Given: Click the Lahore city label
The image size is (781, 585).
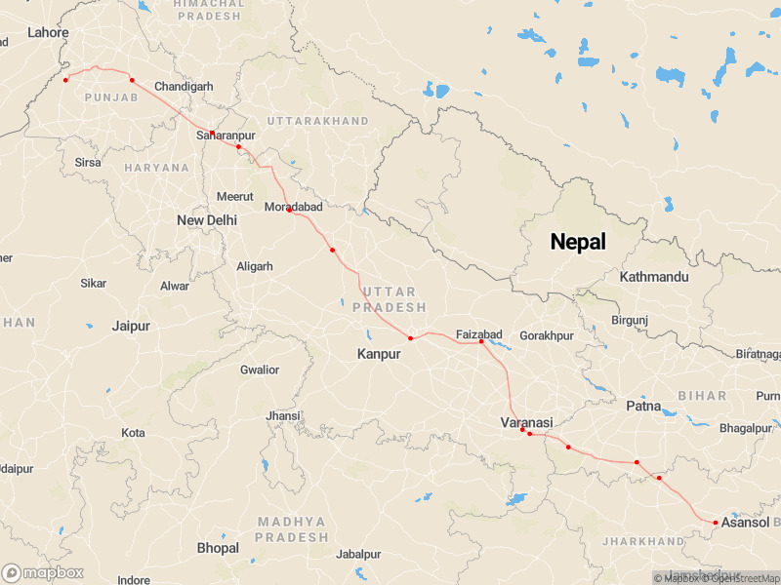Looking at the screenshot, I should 48,32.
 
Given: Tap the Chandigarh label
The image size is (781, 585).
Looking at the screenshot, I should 184,87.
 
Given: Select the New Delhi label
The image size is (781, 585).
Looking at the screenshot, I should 207,220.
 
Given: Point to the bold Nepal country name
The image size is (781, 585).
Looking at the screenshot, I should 578,242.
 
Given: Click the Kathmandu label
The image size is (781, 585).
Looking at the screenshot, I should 654,277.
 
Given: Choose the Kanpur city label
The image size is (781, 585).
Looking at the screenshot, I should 379,354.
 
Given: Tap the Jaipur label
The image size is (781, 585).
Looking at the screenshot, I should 133,326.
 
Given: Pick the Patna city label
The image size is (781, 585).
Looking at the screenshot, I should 644,405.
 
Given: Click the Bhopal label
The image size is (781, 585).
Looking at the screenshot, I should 218,548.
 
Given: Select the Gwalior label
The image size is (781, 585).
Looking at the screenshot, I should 260,370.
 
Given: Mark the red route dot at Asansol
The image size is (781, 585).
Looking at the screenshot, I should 716,523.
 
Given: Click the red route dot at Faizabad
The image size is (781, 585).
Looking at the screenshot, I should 481,341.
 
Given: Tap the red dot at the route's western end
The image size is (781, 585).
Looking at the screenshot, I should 65,79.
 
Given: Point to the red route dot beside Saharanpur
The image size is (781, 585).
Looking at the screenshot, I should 212,133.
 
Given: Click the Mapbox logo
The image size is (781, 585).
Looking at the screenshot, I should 43,573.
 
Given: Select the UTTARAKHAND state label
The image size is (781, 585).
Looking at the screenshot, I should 317,121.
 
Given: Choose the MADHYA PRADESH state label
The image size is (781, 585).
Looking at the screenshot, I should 292,529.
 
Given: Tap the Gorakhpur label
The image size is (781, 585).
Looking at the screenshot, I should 547,335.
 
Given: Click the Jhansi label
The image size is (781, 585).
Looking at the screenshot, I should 282,416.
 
